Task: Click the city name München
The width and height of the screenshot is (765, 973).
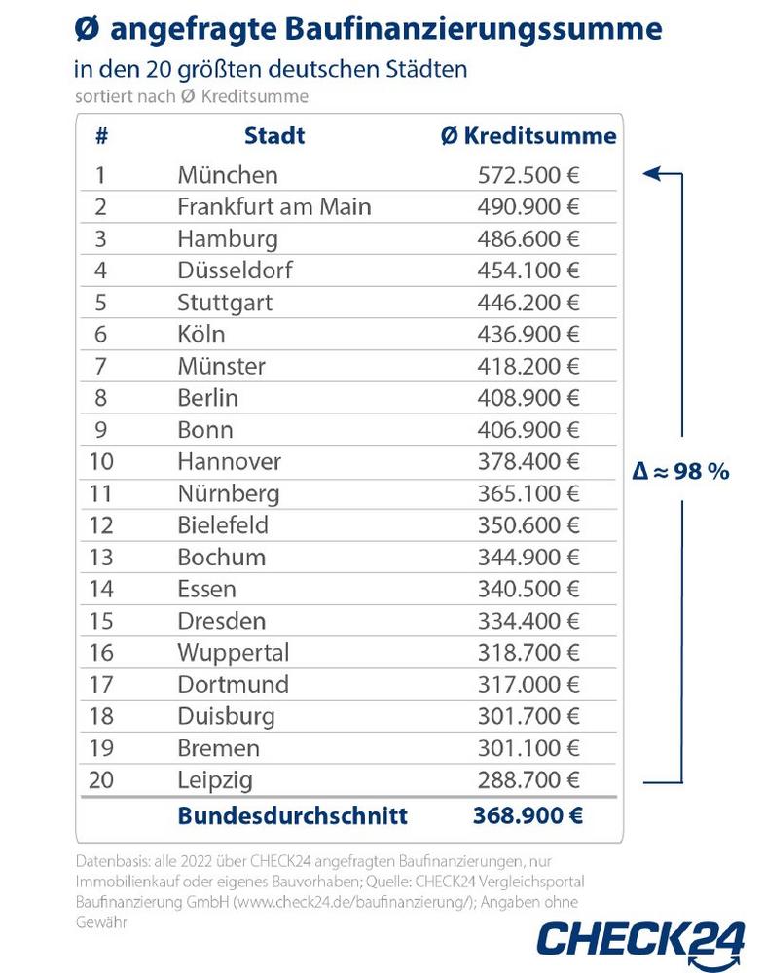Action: click(x=228, y=175)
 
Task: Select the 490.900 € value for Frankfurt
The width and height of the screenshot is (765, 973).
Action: click(x=528, y=206)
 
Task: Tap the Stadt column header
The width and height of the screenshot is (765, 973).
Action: click(x=274, y=136)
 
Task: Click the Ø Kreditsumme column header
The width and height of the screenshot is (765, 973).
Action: click(x=529, y=136)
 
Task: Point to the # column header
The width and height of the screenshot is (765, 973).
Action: click(x=102, y=136)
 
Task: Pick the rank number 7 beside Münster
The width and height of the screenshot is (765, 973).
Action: click(x=100, y=366)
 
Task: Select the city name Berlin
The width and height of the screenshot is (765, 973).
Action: click(x=207, y=398)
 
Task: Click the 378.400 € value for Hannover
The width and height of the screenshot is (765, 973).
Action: click(x=528, y=461)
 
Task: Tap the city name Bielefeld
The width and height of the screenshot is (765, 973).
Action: click(x=223, y=525)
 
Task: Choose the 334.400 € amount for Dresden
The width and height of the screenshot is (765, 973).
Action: click(x=528, y=621)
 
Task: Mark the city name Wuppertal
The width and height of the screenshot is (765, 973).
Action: click(x=234, y=653)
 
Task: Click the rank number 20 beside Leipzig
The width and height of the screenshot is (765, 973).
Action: click(x=101, y=780)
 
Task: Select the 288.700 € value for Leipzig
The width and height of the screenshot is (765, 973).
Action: click(x=528, y=780)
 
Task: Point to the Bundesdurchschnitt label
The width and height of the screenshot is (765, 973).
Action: click(x=292, y=815)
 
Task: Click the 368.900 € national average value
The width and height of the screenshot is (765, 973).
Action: click(x=528, y=815)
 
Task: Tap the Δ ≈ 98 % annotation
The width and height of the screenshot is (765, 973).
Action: click(x=680, y=472)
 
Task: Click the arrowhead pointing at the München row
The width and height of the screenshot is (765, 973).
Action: click(x=651, y=174)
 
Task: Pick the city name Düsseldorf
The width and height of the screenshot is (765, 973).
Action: click(x=235, y=270)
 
